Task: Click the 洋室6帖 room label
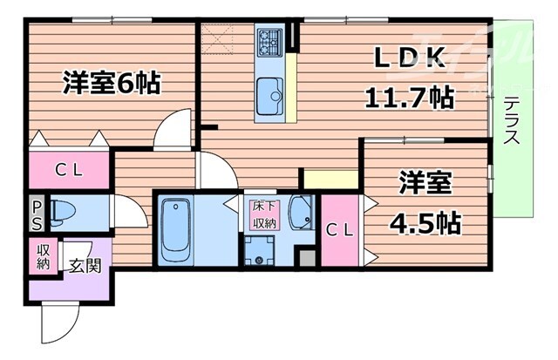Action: coord(111,84)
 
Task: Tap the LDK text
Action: coord(411,59)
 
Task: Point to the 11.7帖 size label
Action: coord(409,97)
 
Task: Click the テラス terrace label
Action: coord(512,122)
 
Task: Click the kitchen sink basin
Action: coord(269,90)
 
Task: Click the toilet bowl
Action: coord(62,212)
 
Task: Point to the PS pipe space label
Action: coord(36,214)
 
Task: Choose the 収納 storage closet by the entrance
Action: coord(44,257)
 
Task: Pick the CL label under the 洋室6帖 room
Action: coord(66,171)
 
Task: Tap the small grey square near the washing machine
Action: coord(306,258)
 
